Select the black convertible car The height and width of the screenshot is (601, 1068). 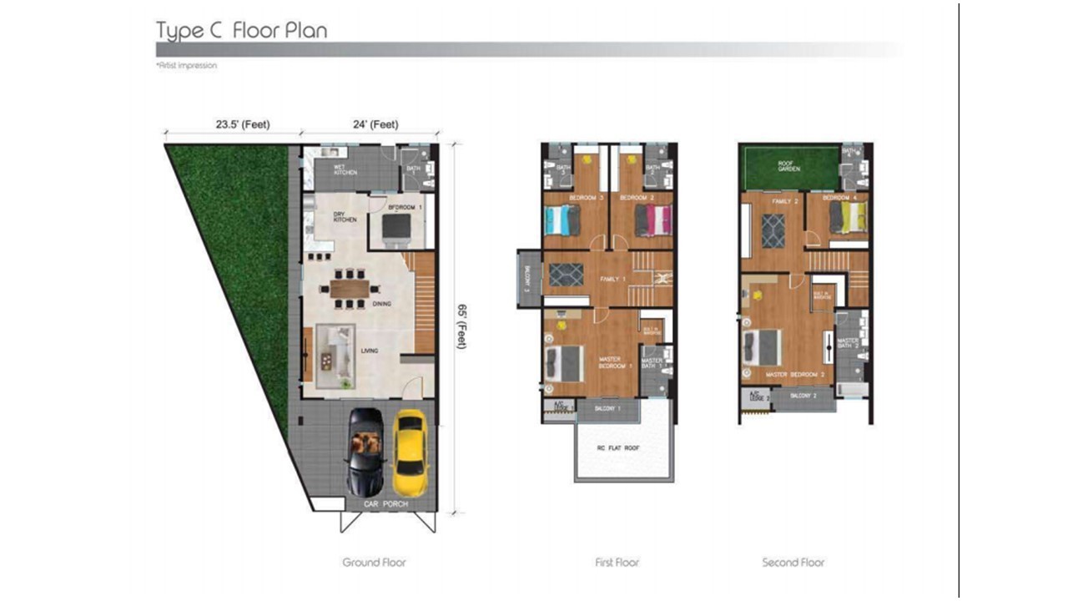click(366, 452)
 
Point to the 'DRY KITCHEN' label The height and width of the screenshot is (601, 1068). click(345, 217)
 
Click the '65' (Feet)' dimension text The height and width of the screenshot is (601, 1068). click(461, 326)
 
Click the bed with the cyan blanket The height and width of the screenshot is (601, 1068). click(562, 221)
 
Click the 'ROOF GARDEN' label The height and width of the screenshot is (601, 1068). click(789, 165)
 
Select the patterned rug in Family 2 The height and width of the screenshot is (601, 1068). click(773, 230)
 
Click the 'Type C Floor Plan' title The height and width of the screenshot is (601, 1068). click(241, 31)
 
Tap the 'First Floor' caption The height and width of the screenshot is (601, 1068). click(617, 563)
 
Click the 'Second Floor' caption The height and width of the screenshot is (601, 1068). click(793, 563)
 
